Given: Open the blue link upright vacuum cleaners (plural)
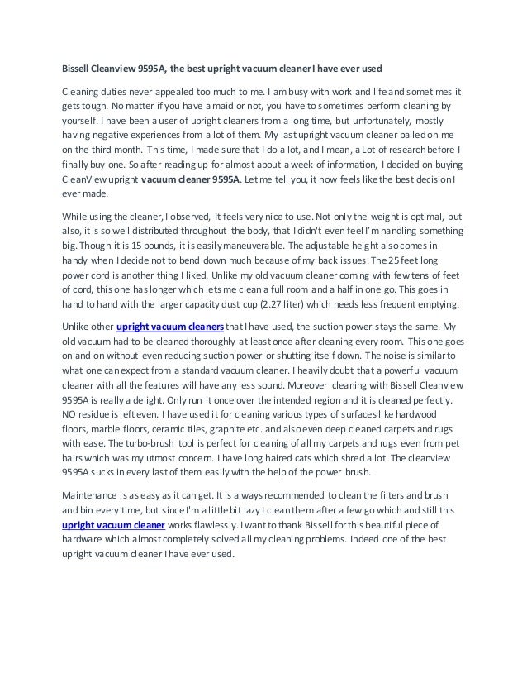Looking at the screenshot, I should click(171, 326).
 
